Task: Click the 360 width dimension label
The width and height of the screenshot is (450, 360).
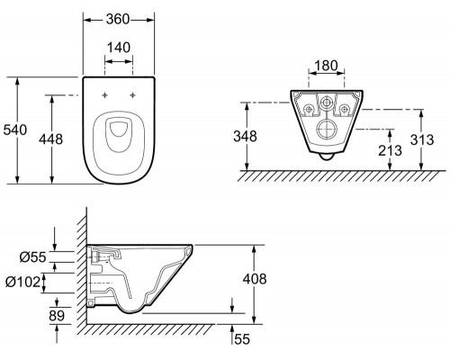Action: (118, 20)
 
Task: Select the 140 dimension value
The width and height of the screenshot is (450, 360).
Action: (119, 48)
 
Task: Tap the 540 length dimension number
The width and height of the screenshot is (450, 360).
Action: (15, 130)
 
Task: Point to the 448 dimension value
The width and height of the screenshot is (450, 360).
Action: (51, 139)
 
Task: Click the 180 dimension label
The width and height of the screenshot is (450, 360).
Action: (327, 66)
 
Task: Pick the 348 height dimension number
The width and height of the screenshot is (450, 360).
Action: (246, 136)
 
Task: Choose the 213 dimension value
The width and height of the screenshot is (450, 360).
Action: (390, 150)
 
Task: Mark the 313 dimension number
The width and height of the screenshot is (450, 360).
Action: (422, 139)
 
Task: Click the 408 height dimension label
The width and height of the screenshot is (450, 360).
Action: (255, 279)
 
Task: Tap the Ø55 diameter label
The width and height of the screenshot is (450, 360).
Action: (33, 257)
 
